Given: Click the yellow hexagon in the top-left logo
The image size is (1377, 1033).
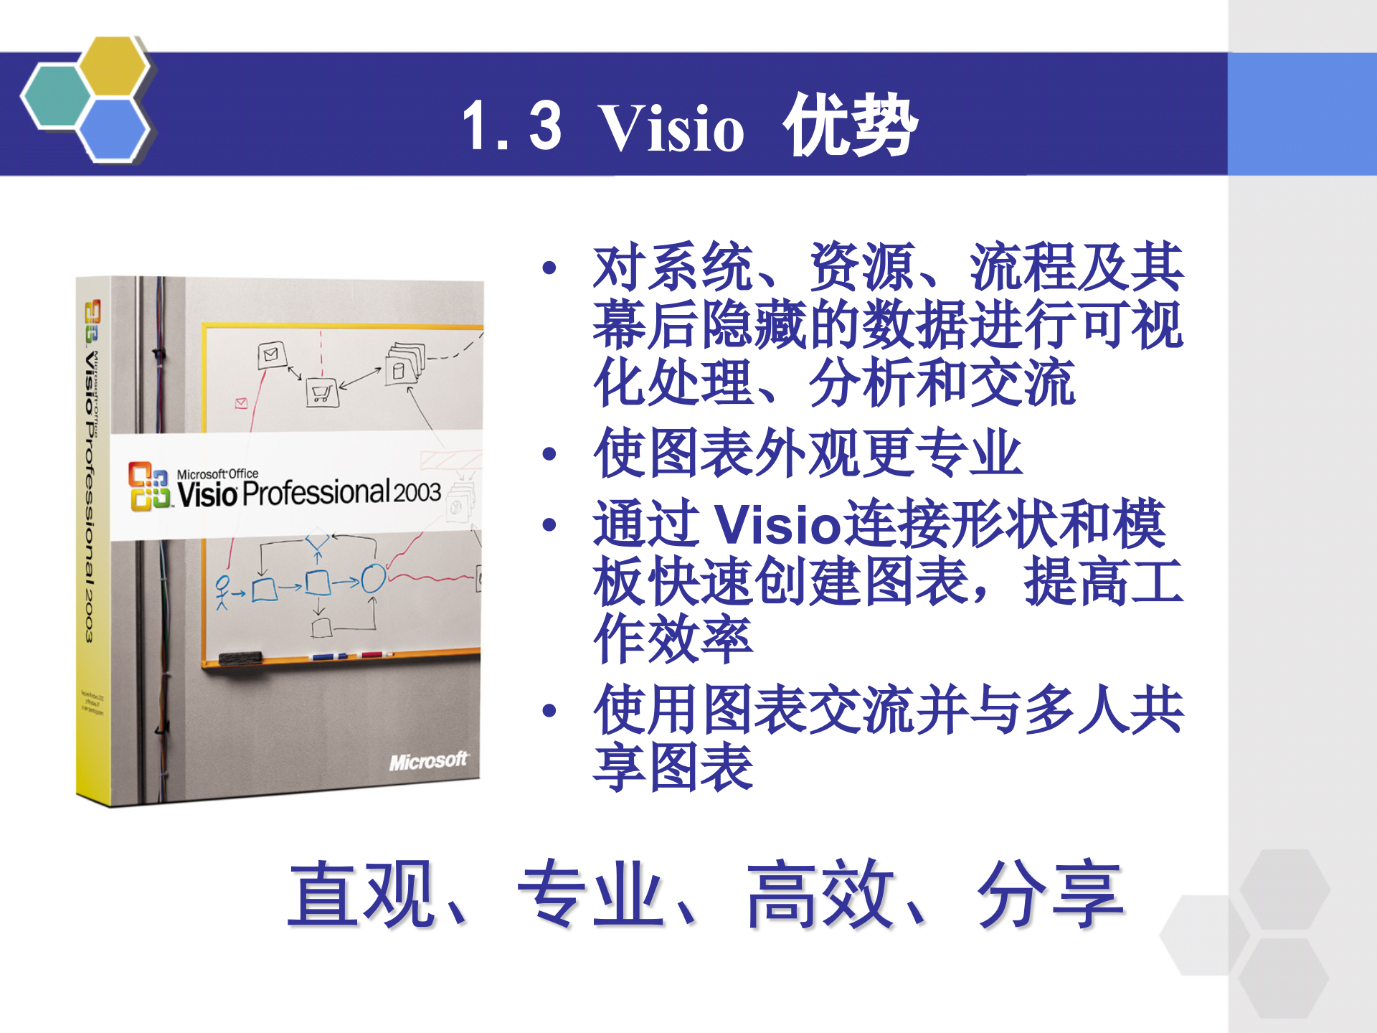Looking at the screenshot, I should pyautogui.click(x=113, y=66).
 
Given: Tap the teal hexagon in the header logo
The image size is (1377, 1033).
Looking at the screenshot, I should pyautogui.click(x=56, y=96).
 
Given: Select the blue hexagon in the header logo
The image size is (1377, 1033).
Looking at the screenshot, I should pyautogui.click(x=113, y=129).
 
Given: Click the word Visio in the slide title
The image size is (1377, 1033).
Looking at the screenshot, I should pyautogui.click(x=671, y=129).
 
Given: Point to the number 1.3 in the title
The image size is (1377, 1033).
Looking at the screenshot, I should pyautogui.click(x=511, y=127).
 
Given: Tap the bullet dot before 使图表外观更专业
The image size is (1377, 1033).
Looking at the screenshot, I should pyautogui.click(x=550, y=453).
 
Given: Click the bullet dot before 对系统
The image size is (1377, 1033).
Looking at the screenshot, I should pyautogui.click(x=550, y=268).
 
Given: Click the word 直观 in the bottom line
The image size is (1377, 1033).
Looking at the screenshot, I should pyautogui.click(x=361, y=895).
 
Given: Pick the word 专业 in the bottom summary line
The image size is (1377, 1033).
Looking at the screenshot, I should pyautogui.click(x=590, y=895).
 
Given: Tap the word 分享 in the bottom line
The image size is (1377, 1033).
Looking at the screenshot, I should pyautogui.click(x=1050, y=895).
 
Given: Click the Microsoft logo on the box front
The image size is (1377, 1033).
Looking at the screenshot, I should pyautogui.click(x=428, y=760).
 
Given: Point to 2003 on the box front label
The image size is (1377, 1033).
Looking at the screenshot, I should pyautogui.click(x=417, y=492).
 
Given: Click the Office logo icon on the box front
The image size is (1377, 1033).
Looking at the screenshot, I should pyautogui.click(x=149, y=486).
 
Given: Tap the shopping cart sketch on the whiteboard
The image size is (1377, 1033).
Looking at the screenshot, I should pyautogui.click(x=321, y=392).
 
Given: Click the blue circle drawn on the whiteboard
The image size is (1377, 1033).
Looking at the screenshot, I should pyautogui.click(x=373, y=578).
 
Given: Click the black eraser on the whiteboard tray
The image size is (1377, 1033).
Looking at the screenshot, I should pyautogui.click(x=240, y=658).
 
